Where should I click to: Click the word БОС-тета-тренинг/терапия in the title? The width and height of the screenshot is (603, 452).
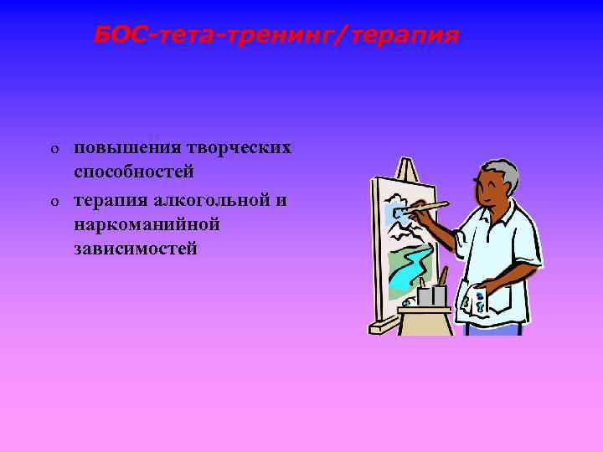coord(276,36)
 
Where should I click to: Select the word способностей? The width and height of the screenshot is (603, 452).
coord(134,172)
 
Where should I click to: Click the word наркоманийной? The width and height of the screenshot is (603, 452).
coord(147,223)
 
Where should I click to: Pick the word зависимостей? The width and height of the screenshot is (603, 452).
coord(136,249)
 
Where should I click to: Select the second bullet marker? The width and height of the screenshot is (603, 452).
coord(53,201)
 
